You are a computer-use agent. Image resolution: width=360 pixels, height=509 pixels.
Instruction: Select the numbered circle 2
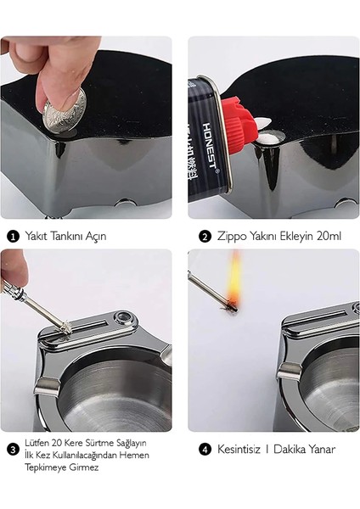pos(204,236)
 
